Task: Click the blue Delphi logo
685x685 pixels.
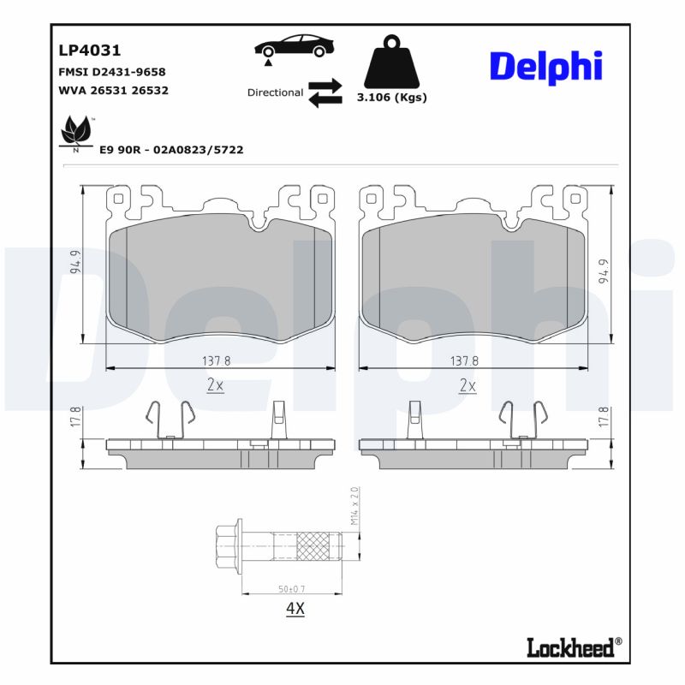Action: coord(545,67)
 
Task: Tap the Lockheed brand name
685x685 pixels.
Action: coord(571,647)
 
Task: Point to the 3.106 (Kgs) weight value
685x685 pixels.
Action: coord(391,98)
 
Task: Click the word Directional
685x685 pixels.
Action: coord(275,92)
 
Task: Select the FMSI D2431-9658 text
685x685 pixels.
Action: coord(111,72)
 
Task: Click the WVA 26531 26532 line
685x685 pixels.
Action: coord(113,90)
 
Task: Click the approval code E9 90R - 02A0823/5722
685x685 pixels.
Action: coord(171,150)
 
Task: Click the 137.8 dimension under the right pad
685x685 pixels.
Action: coord(464,360)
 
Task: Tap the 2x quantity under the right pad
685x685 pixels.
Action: coord(468,385)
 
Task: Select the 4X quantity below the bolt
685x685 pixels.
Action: coord(295,610)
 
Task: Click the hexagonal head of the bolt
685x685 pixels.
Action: coord(228,544)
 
